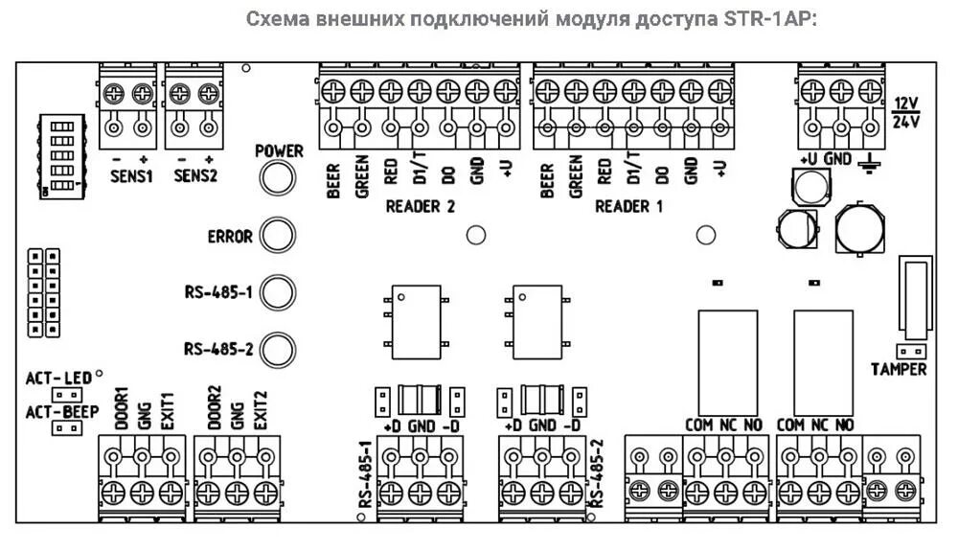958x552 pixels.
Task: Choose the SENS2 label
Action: click(x=195, y=175)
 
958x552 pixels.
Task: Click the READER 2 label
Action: click(x=420, y=206)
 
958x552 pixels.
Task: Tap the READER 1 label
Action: click(x=628, y=206)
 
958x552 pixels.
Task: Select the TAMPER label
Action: click(x=899, y=369)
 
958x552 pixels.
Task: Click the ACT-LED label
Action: click(x=58, y=379)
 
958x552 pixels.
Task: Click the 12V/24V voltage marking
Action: click(x=905, y=112)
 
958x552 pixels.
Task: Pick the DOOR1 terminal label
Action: click(x=121, y=409)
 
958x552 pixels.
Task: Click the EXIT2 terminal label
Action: click(x=262, y=409)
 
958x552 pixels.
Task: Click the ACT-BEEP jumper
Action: click(x=66, y=428)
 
